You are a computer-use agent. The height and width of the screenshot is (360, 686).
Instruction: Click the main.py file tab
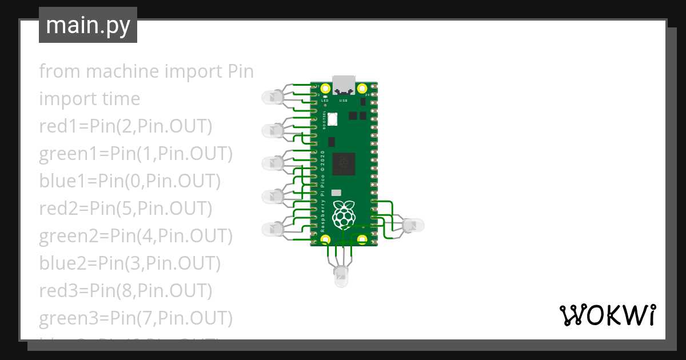[87, 25]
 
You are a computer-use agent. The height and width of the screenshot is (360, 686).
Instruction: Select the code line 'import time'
[89, 99]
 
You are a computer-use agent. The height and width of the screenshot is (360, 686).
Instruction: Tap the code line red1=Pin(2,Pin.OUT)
[125, 126]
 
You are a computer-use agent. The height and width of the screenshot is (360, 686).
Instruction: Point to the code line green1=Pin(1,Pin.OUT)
[135, 154]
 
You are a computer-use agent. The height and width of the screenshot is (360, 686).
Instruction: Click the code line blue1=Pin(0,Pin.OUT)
[130, 181]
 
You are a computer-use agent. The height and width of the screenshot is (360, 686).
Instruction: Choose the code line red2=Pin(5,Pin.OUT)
[125, 209]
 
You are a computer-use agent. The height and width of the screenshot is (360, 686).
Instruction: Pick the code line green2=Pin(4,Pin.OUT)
[135, 236]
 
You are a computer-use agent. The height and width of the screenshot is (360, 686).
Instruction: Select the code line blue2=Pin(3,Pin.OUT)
[130, 263]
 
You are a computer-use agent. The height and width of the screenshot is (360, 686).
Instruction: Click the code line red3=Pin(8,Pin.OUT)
[125, 291]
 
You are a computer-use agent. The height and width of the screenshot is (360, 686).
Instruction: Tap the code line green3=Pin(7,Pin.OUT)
[135, 318]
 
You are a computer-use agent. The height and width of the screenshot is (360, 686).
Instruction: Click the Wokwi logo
[607, 315]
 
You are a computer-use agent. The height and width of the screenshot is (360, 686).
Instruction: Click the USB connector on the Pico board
[344, 85]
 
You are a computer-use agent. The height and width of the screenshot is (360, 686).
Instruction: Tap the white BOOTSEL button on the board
[333, 119]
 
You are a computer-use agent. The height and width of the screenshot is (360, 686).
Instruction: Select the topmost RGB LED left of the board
[272, 98]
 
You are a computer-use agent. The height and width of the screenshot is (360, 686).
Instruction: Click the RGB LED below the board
[341, 277]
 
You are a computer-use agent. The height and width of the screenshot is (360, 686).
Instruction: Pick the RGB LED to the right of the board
[412, 226]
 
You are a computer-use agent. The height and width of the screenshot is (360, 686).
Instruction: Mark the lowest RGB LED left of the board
[272, 230]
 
